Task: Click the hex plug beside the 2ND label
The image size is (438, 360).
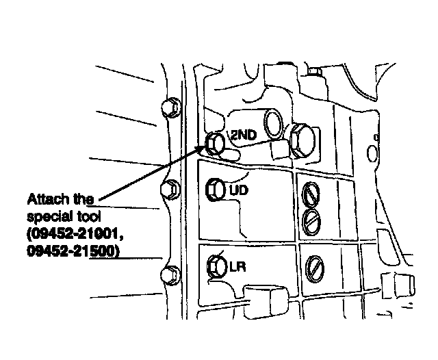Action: pyautogui.click(x=215, y=142)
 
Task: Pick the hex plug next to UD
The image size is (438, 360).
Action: pyautogui.click(x=216, y=188)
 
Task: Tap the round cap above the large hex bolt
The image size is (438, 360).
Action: pyautogui.click(x=274, y=123)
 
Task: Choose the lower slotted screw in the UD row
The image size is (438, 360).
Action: pyautogui.click(x=311, y=220)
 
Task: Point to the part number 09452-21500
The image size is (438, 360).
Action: pyautogui.click(x=73, y=252)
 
